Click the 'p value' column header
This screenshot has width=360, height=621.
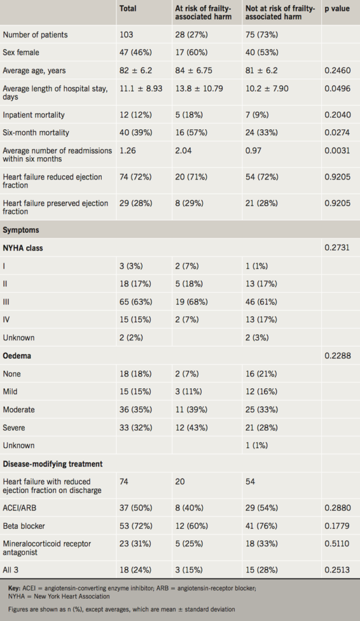click(x=338, y=8)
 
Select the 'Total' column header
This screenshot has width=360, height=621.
click(x=128, y=8)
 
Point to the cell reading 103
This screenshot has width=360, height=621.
click(x=127, y=35)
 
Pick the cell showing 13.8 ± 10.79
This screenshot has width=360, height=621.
click(x=199, y=89)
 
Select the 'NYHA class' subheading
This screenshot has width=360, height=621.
click(x=23, y=248)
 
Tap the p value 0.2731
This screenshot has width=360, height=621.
click(x=338, y=248)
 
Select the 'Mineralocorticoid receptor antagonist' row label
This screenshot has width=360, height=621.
click(x=47, y=548)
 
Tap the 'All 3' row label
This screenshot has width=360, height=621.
click(x=12, y=569)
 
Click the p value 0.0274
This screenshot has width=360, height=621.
click(x=338, y=132)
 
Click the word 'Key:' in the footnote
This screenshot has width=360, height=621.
click(x=16, y=589)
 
